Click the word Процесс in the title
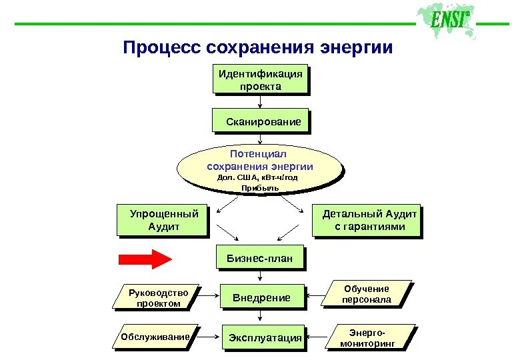click(x=161, y=48)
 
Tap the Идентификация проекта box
click(x=261, y=80)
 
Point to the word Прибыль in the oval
click(x=260, y=188)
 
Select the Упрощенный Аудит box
click(x=163, y=221)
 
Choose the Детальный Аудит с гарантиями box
click(x=367, y=221)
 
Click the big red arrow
click(x=145, y=259)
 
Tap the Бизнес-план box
click(x=260, y=258)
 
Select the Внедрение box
click(x=261, y=297)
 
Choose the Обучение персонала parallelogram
click(x=366, y=294)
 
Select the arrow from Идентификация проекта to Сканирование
click(x=260, y=102)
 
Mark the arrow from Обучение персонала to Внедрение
click(x=315, y=295)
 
